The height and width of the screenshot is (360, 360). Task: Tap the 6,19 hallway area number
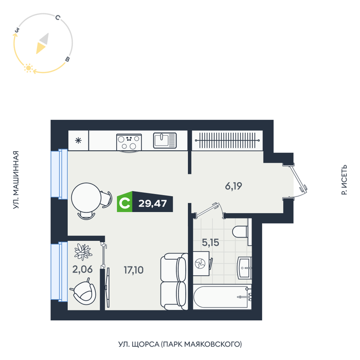click(x=233, y=186)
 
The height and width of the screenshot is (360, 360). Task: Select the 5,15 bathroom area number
click(x=210, y=242)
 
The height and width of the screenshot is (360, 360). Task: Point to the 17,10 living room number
click(x=134, y=270)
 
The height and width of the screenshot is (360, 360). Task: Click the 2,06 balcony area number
click(x=82, y=269)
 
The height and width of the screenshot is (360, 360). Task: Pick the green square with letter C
click(x=124, y=202)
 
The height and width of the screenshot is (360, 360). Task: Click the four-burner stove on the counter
click(x=129, y=142)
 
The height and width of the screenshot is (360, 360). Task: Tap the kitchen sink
click(x=165, y=140)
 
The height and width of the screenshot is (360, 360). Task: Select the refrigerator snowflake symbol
click(x=79, y=140)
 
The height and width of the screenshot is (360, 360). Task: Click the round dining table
click(x=86, y=197)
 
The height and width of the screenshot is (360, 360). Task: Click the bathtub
click(x=222, y=297)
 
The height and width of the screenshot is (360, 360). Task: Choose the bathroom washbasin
click(x=245, y=268)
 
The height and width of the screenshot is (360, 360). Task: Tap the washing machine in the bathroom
click(x=201, y=263)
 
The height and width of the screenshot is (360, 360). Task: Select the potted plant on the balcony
click(x=83, y=251)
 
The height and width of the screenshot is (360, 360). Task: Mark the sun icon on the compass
click(x=28, y=68)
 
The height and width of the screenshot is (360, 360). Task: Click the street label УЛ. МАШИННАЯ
click(x=15, y=180)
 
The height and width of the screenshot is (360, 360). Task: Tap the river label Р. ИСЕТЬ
click(x=344, y=180)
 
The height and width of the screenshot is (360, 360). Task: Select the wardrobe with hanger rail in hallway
click(x=227, y=140)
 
